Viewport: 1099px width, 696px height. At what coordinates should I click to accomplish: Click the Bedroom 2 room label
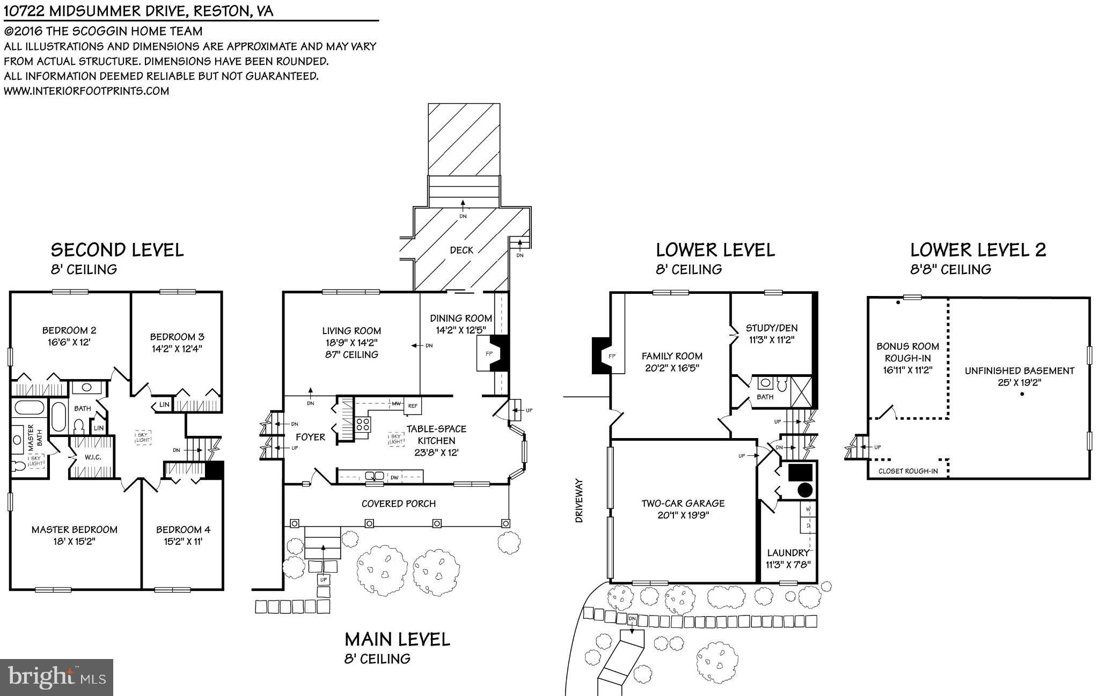[69, 330]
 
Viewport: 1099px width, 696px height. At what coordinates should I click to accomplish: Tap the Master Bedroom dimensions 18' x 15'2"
[74, 542]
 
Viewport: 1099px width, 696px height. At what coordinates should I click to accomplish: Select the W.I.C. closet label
[92, 457]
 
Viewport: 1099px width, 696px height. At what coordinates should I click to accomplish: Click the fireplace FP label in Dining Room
[489, 354]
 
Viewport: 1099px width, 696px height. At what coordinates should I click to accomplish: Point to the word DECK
[461, 250]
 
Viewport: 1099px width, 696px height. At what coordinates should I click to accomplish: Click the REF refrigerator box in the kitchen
[413, 406]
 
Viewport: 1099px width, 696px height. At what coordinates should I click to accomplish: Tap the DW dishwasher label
[394, 477]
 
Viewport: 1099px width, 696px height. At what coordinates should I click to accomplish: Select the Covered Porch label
[398, 504]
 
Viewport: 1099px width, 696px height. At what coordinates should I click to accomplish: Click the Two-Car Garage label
[683, 504]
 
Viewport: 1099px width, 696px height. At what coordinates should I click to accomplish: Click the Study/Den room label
[771, 328]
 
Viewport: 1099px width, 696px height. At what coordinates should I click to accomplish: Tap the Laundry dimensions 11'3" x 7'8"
[787, 564]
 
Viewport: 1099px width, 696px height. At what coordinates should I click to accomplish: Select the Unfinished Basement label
[1019, 371]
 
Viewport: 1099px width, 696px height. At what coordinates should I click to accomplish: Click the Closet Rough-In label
[908, 471]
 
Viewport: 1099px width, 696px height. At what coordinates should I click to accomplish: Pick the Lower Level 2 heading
[978, 250]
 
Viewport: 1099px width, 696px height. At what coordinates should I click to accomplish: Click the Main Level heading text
[397, 639]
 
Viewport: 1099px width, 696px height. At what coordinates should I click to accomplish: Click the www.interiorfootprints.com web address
[86, 91]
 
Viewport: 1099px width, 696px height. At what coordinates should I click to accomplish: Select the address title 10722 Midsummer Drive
[138, 11]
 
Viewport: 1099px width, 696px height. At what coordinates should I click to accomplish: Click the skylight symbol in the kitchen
[395, 439]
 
